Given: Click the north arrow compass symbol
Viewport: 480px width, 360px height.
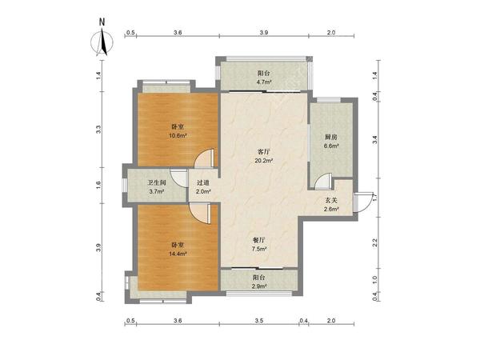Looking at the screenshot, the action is tap(102, 42).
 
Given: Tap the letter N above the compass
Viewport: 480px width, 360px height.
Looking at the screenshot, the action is tap(102, 22).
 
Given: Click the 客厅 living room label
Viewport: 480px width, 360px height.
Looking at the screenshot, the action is tap(264, 152).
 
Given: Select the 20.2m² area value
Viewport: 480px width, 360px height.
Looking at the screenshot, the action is tap(264, 160).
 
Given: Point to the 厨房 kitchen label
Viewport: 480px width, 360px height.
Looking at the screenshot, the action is tap(331, 137).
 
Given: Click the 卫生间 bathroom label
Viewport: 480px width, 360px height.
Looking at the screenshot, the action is tap(157, 182).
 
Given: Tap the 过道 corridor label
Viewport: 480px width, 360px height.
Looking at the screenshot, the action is tap(203, 182).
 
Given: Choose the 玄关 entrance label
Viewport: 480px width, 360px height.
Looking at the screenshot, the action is tap(331, 201).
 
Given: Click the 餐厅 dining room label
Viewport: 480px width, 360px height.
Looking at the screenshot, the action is tap(258, 241).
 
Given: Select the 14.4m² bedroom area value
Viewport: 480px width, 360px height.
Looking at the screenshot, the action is tap(178, 254).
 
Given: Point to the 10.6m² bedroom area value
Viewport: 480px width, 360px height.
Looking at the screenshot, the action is tap(178, 135).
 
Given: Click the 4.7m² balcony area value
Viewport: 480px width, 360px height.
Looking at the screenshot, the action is tap(264, 82).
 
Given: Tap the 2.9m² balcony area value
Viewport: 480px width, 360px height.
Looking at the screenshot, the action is tap(259, 286).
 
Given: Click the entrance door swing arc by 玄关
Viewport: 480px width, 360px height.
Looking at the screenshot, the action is tap(369, 206).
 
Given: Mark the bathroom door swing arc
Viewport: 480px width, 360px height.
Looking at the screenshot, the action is tap(176, 179).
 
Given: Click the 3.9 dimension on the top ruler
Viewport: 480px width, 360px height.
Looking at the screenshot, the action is tap(264, 32).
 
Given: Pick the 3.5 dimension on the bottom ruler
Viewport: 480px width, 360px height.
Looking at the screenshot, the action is tap(259, 321).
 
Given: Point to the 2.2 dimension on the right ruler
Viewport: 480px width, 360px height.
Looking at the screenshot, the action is tap(374, 242).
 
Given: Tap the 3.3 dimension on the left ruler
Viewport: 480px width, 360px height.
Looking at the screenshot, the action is tap(98, 130).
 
